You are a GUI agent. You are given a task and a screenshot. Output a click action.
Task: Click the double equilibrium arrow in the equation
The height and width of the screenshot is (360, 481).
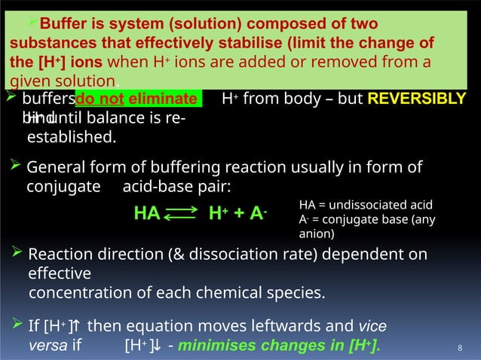pyautogui.click(x=180, y=214)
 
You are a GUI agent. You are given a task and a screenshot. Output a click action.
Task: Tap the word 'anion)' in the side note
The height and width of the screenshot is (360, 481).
pyautogui.click(x=317, y=234)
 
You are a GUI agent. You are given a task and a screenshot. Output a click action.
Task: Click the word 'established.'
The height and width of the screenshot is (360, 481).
pyautogui.click(x=72, y=138)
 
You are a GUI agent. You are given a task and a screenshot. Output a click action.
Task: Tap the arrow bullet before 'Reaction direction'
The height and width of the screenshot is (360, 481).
pyautogui.click(x=19, y=253)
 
